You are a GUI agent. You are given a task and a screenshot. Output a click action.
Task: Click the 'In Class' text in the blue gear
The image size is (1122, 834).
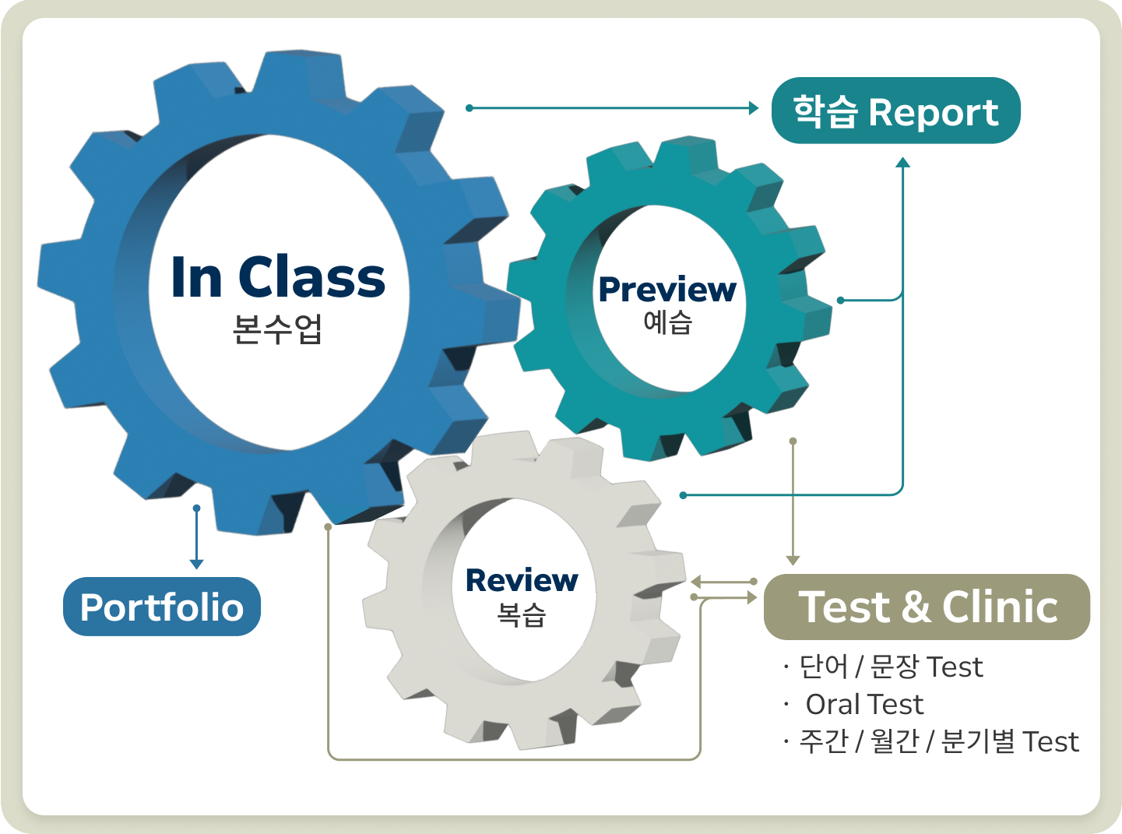[278, 277]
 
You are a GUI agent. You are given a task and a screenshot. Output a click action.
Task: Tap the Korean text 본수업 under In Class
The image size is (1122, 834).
[277, 329]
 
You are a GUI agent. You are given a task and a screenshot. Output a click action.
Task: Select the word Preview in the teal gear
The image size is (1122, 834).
[667, 290]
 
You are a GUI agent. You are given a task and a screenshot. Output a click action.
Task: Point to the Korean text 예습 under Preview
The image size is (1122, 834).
[667, 322]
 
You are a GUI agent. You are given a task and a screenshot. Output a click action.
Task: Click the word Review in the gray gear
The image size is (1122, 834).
[521, 580]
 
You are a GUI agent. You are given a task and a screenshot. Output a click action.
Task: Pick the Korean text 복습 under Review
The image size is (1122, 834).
[521, 614]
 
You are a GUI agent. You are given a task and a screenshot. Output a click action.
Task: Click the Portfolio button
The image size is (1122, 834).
[161, 607]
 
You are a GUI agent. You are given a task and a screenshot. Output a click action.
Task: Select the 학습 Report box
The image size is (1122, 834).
[895, 111]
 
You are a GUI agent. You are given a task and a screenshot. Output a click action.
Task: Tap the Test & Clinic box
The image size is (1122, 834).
[927, 607]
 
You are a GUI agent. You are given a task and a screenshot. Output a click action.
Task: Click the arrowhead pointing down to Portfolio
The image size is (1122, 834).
[197, 563]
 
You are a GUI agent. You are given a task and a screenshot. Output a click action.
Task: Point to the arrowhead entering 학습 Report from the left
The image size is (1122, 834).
[753, 108]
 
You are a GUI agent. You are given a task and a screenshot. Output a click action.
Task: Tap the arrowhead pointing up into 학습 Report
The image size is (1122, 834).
[902, 163]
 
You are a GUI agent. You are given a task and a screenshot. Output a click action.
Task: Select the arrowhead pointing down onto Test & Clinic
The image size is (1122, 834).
[793, 560]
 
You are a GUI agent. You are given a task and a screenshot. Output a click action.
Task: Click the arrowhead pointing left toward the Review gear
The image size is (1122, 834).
[696, 582]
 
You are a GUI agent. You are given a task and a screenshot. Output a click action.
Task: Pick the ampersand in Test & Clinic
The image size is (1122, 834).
[916, 607]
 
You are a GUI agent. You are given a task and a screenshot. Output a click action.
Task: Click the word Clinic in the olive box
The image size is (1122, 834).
[1000, 607]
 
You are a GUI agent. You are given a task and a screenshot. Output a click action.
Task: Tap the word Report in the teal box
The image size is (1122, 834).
[933, 112]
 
